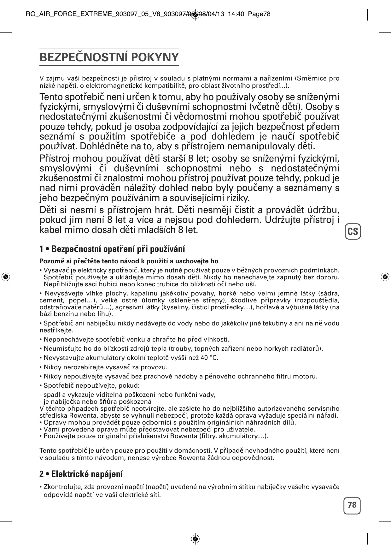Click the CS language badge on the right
353,232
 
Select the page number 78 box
352,505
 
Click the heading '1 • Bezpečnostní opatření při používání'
112,249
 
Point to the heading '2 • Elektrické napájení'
81,474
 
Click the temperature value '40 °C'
209,358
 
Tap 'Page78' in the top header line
259,14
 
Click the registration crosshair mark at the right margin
385,277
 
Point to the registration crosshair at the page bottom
195,539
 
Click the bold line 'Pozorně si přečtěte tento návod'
129,261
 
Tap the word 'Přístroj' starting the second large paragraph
54,158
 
